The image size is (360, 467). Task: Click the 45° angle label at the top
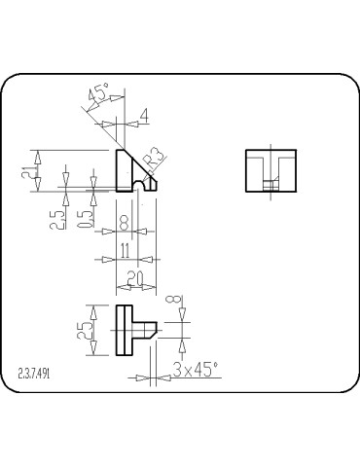[x=98, y=95]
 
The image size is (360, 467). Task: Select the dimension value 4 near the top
[x=145, y=115]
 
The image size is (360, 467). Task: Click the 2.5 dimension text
[x=58, y=215]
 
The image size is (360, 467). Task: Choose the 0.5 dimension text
[x=87, y=215]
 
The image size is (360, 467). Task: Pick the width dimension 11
[x=125, y=250]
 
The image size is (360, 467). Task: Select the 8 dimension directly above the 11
[x=125, y=223]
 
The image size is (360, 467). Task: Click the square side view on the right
[x=270, y=171]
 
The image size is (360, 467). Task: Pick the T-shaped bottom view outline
[x=126, y=331]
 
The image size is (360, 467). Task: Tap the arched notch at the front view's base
[x=142, y=185]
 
